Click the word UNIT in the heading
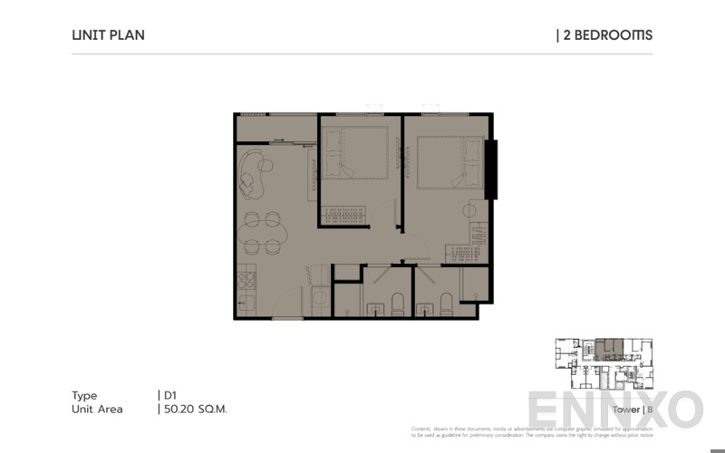coord(87,35)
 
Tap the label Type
coord(84,395)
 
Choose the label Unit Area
coord(97,409)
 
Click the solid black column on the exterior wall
coord(490,169)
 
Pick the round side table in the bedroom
coord(469,210)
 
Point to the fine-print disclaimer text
coord(531,432)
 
